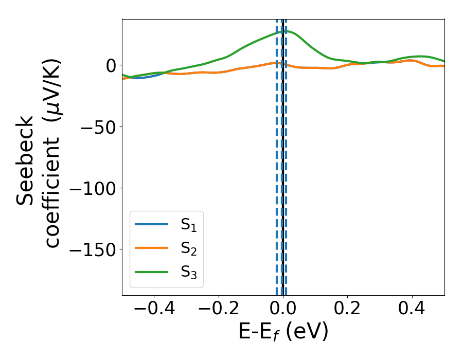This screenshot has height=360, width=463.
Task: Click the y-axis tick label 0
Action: (111, 65)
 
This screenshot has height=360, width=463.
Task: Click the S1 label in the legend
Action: (189, 225)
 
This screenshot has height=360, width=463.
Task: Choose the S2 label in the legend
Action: (189, 248)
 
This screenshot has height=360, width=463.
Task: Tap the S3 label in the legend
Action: (189, 272)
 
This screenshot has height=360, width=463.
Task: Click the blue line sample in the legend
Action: (151, 224)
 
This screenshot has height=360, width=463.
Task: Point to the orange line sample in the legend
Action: (151, 248)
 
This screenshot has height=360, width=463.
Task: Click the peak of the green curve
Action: (284, 31)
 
